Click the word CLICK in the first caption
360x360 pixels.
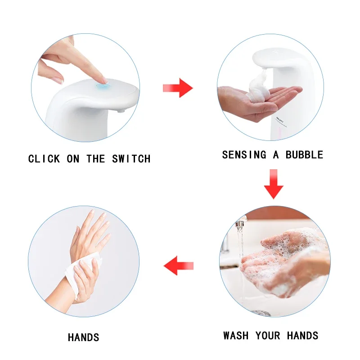click(44, 159)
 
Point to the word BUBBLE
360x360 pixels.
click(305, 155)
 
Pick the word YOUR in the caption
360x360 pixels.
click(269, 336)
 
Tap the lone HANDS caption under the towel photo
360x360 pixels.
click(84, 337)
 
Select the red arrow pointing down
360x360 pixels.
click(274, 184)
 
